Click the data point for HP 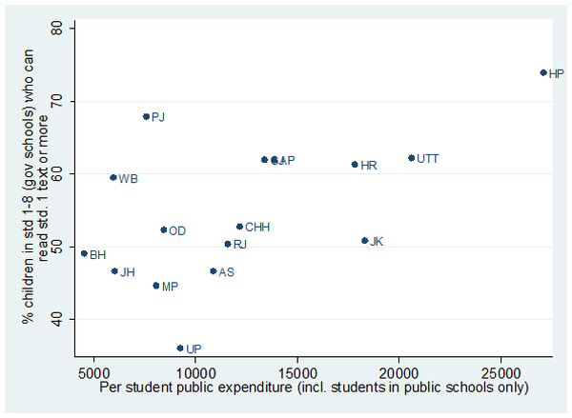543,72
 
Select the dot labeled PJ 146,116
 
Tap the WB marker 112,177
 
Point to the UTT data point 411,158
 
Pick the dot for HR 355,164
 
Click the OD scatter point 163,229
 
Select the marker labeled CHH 239,227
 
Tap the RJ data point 227,244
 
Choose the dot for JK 364,241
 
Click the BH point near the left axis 84,253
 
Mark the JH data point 114,271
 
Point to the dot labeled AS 213,271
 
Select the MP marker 155,286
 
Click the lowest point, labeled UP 179,348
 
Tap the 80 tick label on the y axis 56,29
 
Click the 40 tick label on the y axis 56,319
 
